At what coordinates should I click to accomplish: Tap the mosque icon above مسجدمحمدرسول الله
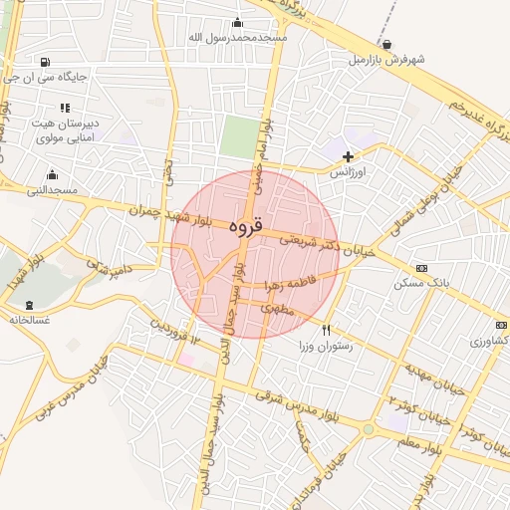click(237, 23)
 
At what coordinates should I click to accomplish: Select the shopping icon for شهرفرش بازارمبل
click(386, 45)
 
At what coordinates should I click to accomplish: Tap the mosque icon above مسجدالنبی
click(52, 174)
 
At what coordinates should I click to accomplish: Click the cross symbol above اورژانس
click(348, 156)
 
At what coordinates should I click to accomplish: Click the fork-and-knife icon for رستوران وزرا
click(325, 330)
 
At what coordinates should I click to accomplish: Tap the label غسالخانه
click(29, 320)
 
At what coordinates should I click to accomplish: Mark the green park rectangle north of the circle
click(238, 136)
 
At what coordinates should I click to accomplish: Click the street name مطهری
click(278, 309)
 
